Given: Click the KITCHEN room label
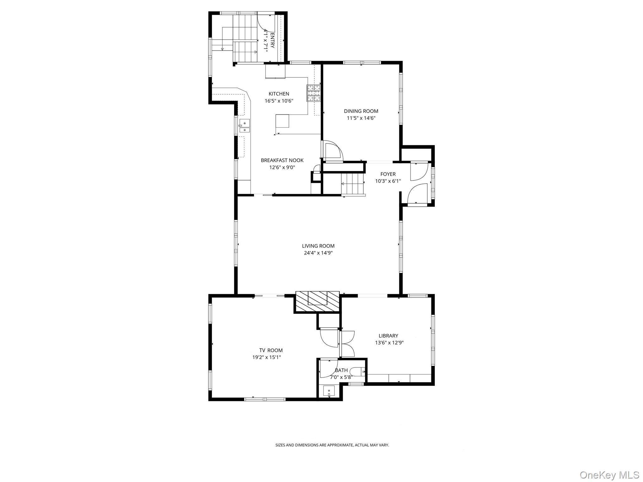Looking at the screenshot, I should [x=279, y=94].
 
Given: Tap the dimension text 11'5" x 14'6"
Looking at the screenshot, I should [x=361, y=118].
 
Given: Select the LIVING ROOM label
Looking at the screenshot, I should [x=318, y=246].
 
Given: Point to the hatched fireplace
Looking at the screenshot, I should [x=317, y=302].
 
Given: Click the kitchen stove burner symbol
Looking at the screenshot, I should [x=314, y=93].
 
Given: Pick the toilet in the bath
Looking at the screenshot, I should [x=358, y=372].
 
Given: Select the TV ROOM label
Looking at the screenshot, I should [x=271, y=351].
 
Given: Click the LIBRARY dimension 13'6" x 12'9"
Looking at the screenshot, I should [x=389, y=343].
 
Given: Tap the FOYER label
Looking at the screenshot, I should [x=388, y=174].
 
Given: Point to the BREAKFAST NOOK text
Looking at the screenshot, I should [x=282, y=160].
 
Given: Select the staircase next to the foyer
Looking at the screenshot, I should [x=353, y=184].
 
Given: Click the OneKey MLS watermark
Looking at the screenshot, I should [x=609, y=475].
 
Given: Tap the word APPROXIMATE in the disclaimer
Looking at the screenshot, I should [x=341, y=445].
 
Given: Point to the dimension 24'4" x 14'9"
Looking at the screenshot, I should [x=318, y=253].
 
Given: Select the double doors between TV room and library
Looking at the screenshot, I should [x=347, y=344].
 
